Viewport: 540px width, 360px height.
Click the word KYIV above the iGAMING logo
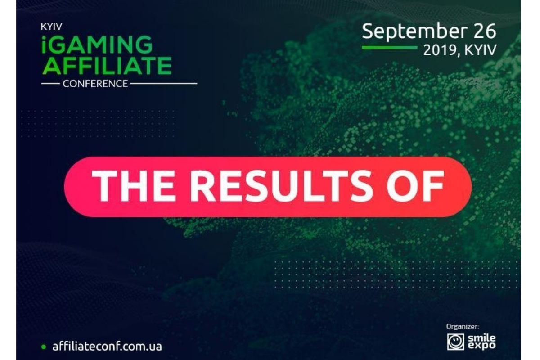point(52,27)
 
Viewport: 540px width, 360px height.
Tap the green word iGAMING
point(97,45)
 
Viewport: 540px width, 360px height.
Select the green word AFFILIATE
point(107,66)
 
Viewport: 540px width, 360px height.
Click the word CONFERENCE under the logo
point(95,84)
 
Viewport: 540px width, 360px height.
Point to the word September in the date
point(414,31)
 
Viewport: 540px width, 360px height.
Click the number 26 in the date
point(485,31)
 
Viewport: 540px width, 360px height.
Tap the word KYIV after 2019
point(481,50)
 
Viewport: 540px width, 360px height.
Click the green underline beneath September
point(390,48)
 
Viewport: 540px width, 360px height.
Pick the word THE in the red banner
point(133,186)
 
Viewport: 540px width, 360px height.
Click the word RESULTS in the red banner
point(278,186)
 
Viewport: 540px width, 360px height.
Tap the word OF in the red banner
point(415,186)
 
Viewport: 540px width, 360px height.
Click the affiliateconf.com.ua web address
point(107,346)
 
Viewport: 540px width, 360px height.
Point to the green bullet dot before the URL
point(44,347)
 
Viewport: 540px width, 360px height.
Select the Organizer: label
point(463,327)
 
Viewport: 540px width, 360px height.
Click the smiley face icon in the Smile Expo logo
point(455,342)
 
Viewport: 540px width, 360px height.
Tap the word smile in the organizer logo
point(481,338)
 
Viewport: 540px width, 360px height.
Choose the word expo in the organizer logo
point(481,346)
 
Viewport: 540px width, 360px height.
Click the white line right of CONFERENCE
point(164,84)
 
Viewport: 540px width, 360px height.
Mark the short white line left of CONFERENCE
point(50,84)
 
